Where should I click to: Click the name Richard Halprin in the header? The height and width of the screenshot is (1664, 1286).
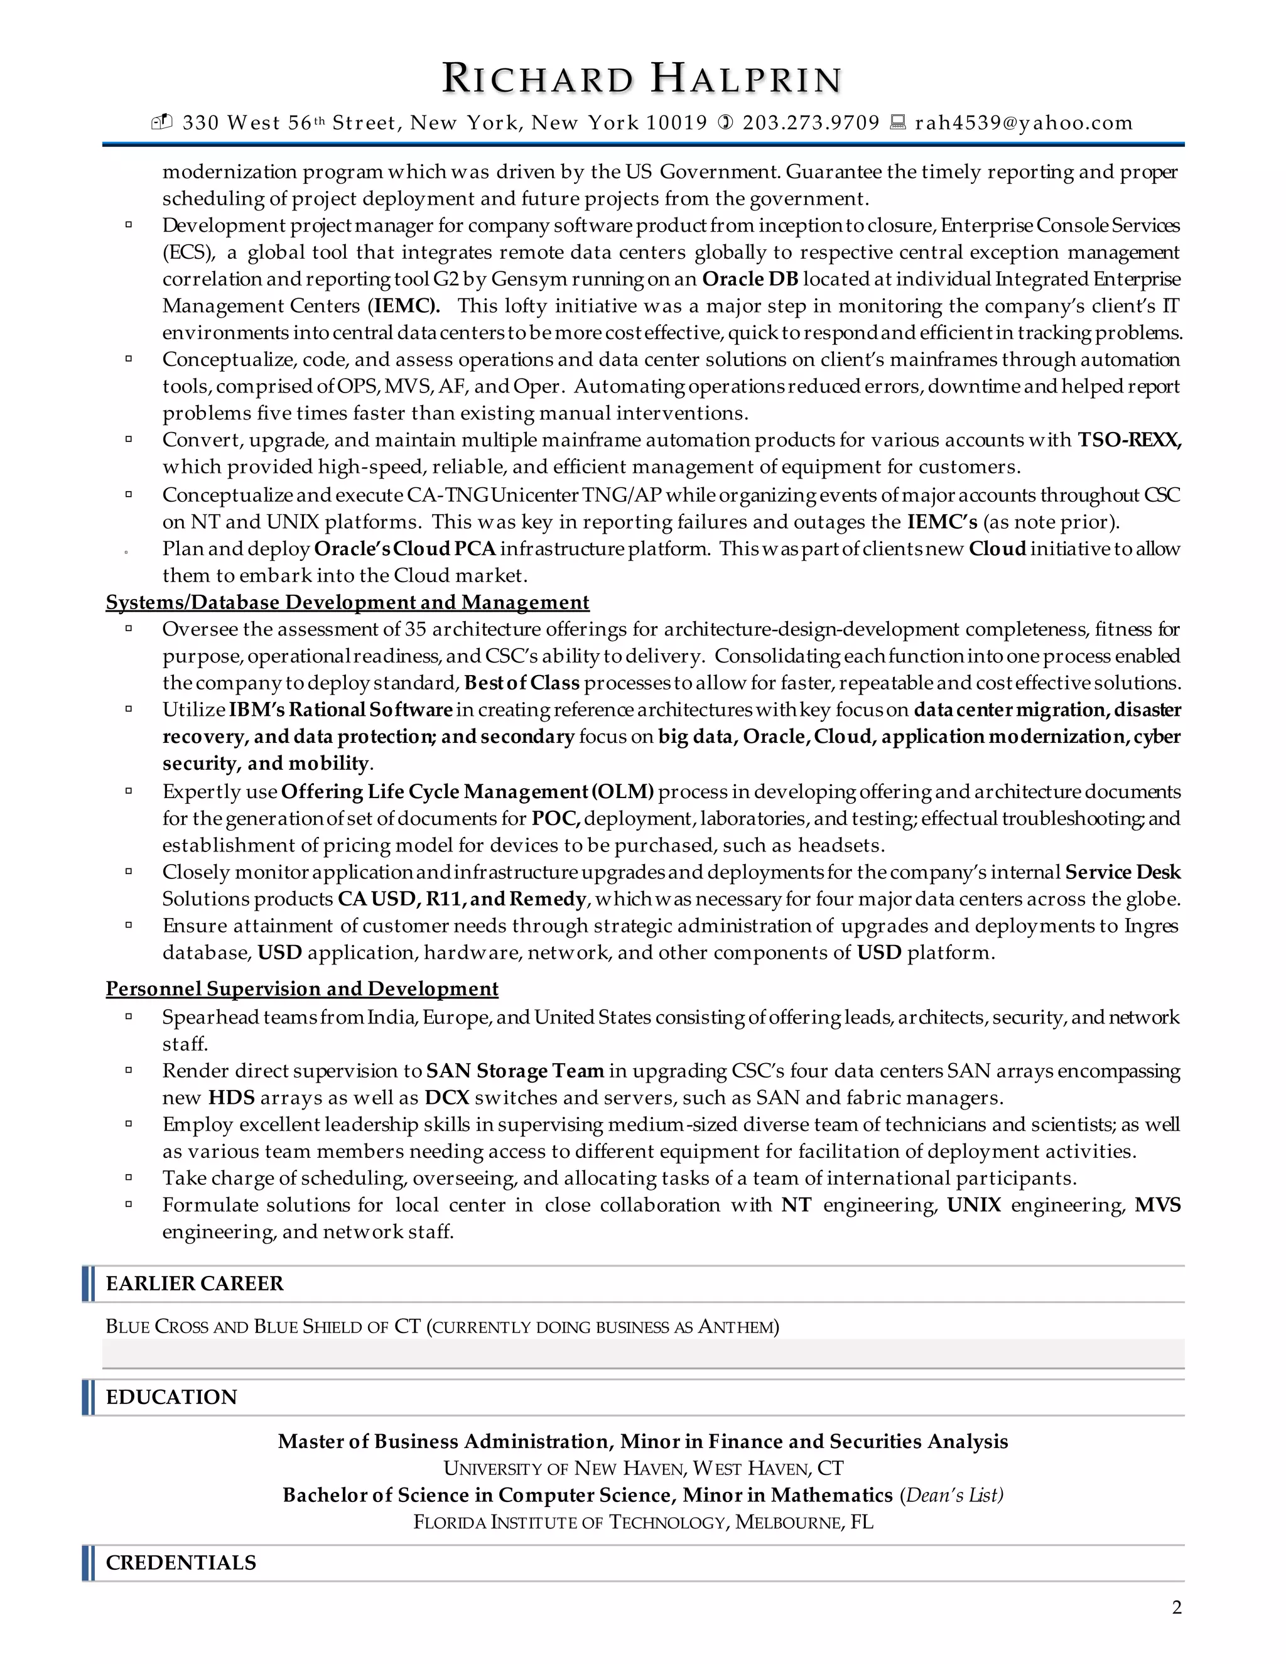click(x=642, y=80)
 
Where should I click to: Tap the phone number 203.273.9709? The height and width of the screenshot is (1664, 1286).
click(x=811, y=122)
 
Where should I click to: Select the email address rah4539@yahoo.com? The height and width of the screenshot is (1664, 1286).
click(x=1023, y=122)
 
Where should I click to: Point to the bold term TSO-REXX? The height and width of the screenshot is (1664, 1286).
click(x=1128, y=440)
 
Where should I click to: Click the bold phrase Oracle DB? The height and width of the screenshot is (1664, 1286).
click(x=750, y=279)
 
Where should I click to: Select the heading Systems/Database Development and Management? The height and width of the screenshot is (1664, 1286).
click(x=347, y=602)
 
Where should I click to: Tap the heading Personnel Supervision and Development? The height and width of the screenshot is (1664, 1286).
click(x=301, y=988)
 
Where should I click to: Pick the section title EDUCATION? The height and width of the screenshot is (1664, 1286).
click(x=171, y=1397)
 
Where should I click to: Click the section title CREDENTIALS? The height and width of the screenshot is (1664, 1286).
click(x=181, y=1563)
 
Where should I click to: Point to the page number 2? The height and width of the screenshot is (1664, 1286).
click(x=1176, y=1607)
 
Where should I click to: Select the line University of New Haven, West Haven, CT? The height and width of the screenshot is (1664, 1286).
click(x=643, y=1468)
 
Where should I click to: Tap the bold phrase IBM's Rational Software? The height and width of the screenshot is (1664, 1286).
click(x=340, y=710)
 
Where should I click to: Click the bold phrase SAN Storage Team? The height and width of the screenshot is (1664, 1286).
click(x=515, y=1071)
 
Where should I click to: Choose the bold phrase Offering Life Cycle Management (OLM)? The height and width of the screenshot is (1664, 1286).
click(x=467, y=792)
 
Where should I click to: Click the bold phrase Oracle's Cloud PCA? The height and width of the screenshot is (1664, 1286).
click(x=404, y=549)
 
